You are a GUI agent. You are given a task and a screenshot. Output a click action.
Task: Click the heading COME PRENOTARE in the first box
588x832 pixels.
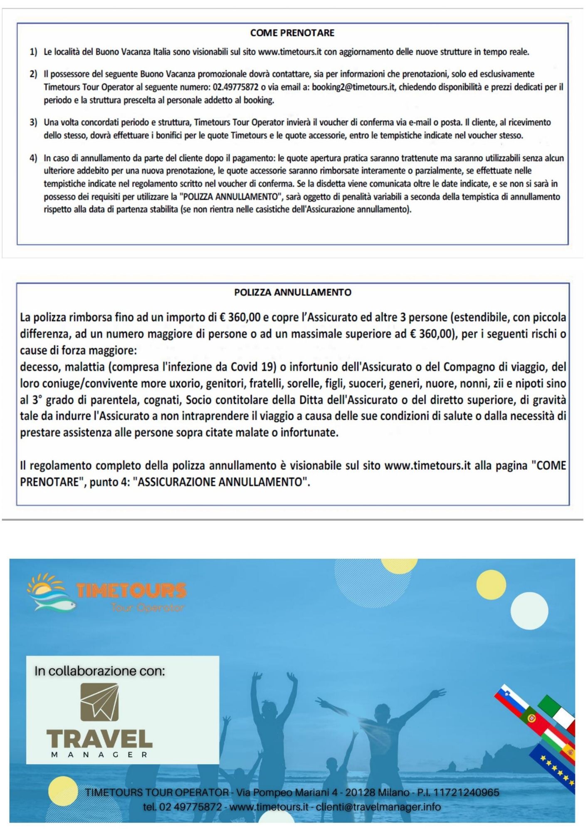pyautogui.click(x=292, y=33)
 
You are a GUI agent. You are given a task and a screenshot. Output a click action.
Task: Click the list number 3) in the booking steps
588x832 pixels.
pyautogui.click(x=33, y=122)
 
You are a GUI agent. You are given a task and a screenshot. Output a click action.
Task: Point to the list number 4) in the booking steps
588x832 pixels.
pyautogui.click(x=33, y=158)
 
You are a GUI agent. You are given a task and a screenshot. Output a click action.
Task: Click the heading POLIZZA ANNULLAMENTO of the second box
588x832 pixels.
pyautogui.click(x=293, y=292)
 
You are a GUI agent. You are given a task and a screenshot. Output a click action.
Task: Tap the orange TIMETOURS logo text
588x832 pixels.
pyautogui.click(x=131, y=590)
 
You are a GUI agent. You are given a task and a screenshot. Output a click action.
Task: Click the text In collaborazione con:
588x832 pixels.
pyautogui.click(x=100, y=671)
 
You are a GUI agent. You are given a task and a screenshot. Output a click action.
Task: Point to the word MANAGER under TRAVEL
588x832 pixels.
pyautogui.click(x=99, y=754)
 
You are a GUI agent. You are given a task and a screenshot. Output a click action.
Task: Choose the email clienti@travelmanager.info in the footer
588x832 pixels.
pyautogui.click(x=378, y=807)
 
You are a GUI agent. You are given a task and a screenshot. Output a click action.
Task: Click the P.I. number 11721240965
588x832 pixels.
pyautogui.click(x=466, y=792)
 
